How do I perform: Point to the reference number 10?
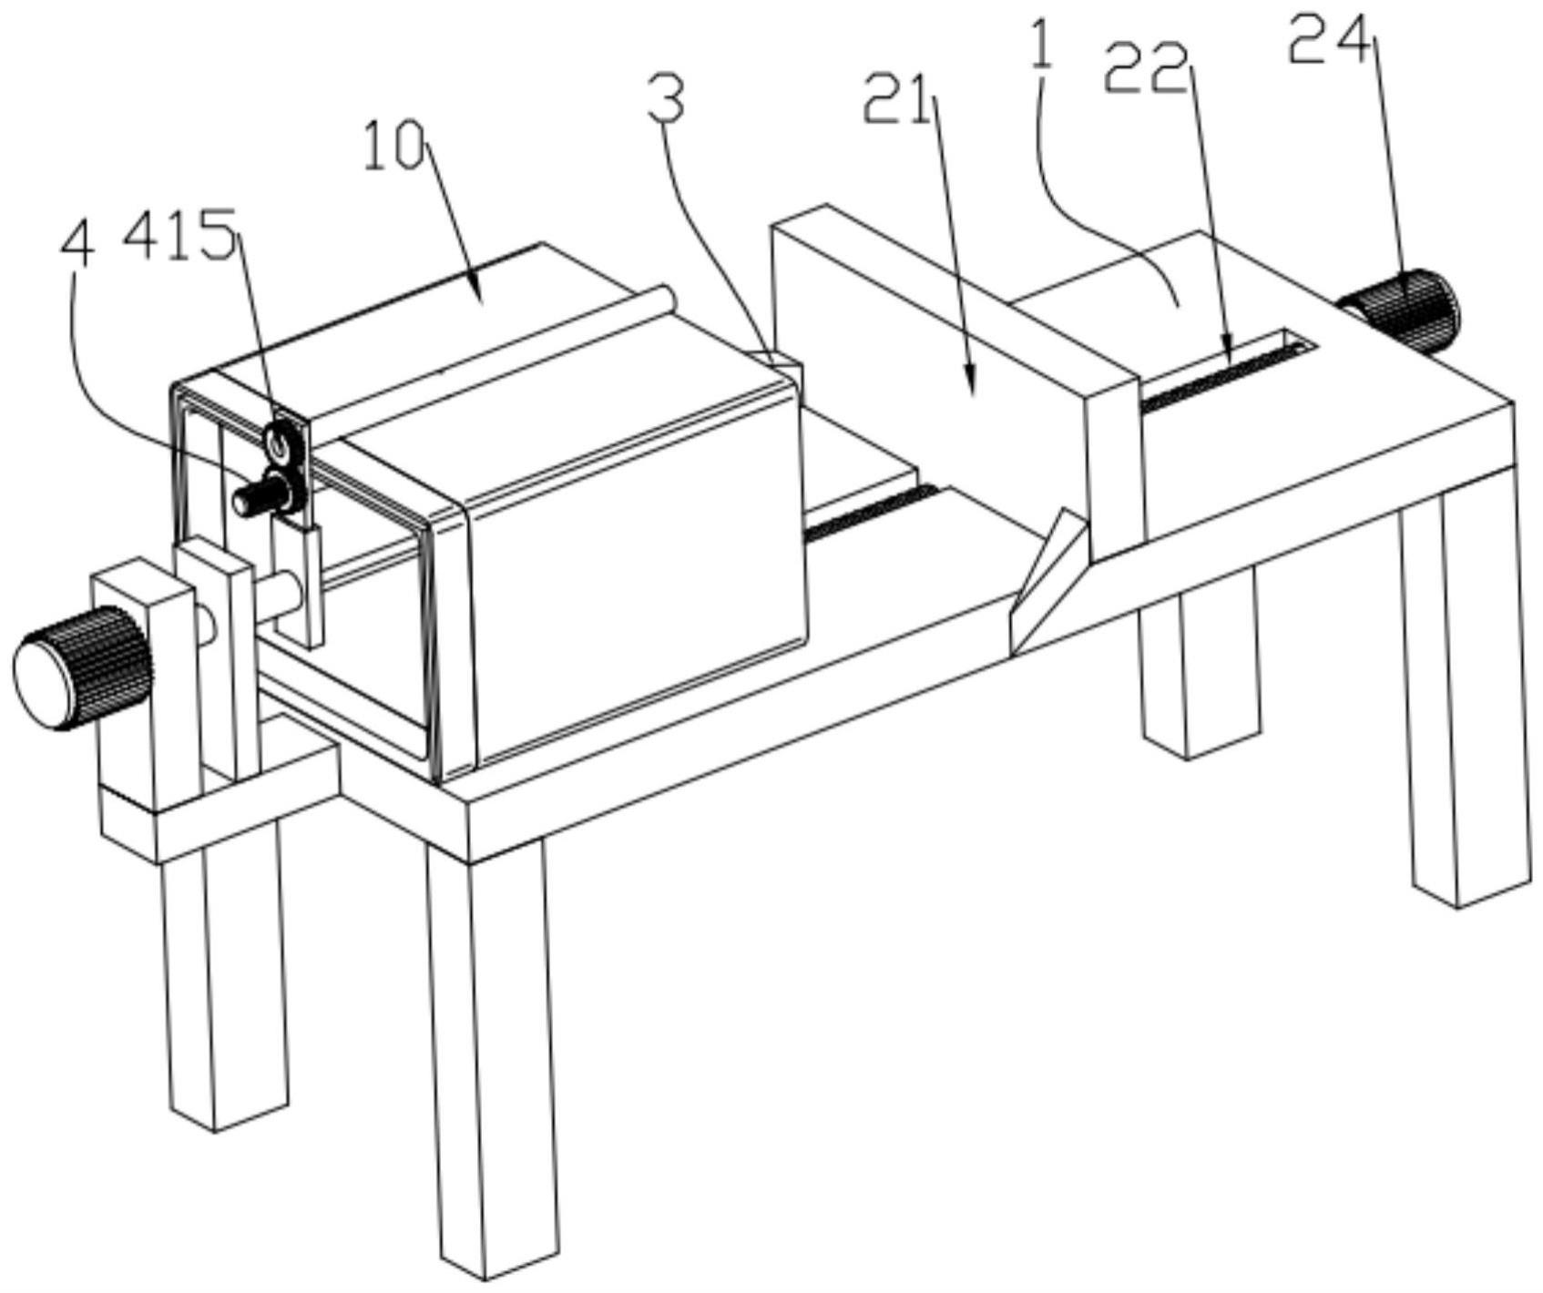click(x=393, y=148)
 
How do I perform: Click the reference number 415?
click(x=180, y=234)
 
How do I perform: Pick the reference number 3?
click(x=667, y=101)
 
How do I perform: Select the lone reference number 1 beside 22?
click(x=1042, y=43)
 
